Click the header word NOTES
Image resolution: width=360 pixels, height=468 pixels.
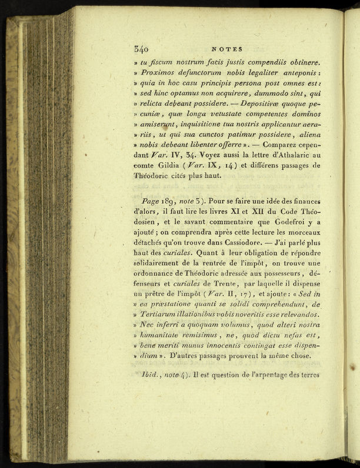(x=226, y=49)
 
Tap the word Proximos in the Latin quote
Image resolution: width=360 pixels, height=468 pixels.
(x=163, y=72)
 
